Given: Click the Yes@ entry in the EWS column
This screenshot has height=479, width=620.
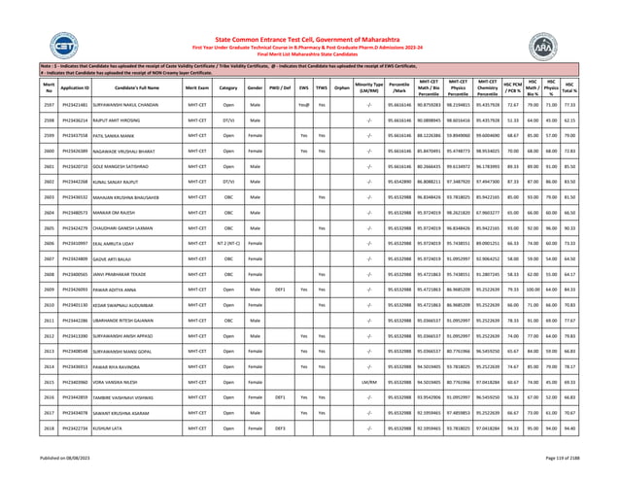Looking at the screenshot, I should (x=276, y=129).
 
